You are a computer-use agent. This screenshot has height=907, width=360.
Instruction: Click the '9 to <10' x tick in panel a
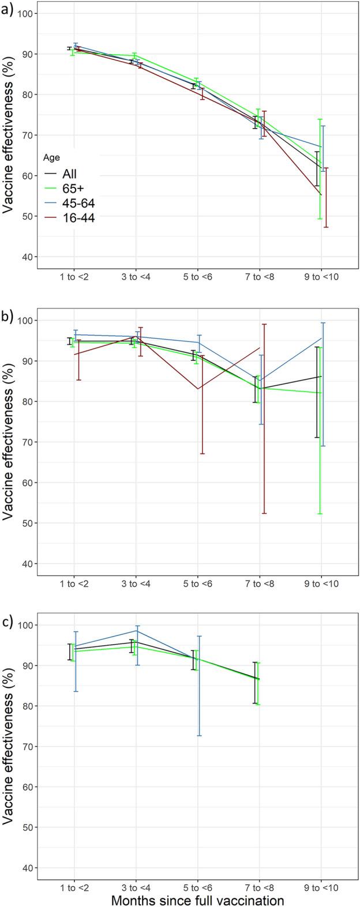tap(321, 277)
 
